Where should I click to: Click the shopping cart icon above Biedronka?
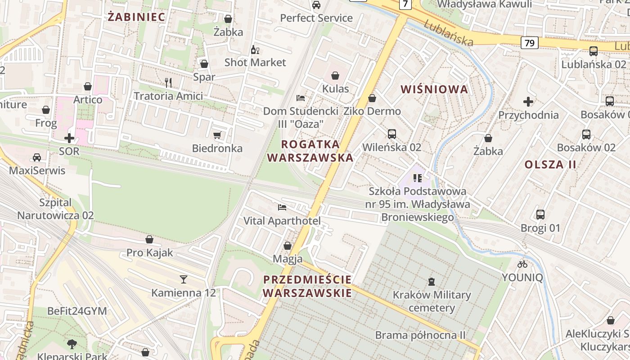(217, 135)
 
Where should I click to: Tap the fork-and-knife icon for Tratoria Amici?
(168, 82)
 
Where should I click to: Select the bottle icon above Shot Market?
(255, 49)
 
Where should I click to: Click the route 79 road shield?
(530, 43)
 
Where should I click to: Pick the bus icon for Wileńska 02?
(391, 134)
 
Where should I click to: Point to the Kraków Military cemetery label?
(432, 301)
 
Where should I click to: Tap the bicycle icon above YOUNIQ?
(522, 264)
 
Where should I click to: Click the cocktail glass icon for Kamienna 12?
(183, 279)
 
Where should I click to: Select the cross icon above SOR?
(69, 138)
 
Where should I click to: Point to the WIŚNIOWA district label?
(434, 89)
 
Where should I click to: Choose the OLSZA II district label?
(550, 164)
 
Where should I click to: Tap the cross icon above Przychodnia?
(528, 102)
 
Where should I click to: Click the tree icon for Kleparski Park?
(72, 344)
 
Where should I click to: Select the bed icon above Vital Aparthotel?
(282, 207)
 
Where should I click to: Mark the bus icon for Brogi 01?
(540, 215)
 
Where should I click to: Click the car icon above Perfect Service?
(316, 5)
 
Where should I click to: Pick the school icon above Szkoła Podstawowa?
(417, 178)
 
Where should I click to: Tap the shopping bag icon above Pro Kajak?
(149, 239)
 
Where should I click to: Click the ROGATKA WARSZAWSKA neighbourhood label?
(310, 151)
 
